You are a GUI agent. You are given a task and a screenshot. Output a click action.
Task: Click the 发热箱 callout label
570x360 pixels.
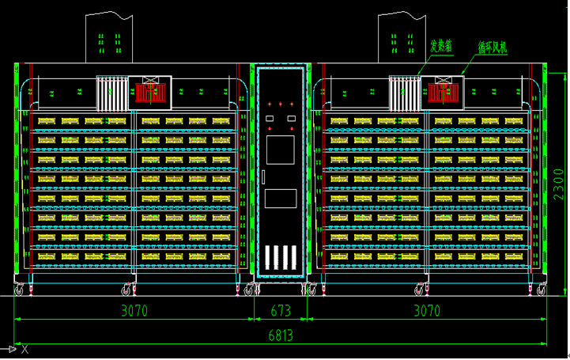coord(441,45)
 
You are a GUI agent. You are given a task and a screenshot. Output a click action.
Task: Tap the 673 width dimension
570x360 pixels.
coord(281,310)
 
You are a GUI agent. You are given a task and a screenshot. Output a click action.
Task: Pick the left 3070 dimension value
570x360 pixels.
coord(134,310)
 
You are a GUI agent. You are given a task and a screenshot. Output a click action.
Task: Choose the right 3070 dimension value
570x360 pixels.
coord(427,310)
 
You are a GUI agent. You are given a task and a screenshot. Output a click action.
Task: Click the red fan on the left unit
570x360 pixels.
coord(149,92)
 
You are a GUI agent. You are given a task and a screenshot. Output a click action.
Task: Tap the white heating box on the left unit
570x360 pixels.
coord(112,92)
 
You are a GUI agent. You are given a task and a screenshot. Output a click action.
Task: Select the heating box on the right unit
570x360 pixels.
coord(405,92)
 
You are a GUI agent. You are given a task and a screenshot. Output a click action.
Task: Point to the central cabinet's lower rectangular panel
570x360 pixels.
coord(281,203)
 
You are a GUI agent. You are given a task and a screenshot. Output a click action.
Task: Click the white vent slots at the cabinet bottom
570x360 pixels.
coord(281,258)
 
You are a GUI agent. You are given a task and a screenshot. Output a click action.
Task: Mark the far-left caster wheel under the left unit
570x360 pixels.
coord(19,291)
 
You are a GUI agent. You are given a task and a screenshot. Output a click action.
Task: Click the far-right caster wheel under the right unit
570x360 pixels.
coord(542,291)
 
